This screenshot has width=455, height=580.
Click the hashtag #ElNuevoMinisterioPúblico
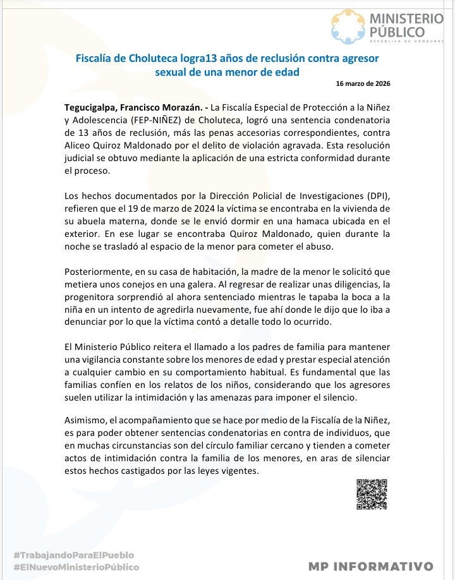coord(76,567)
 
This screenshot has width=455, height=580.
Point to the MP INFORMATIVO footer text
coord(370,566)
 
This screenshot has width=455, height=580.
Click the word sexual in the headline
coord(173,71)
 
